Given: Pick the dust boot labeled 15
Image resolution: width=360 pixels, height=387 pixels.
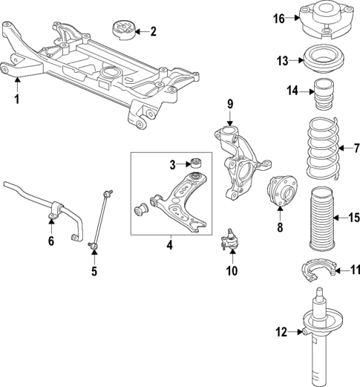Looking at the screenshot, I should pos(324,217).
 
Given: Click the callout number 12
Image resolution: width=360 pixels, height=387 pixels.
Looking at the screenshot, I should pos(279,331).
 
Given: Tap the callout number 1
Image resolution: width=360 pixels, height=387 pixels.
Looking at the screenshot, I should pos(16,98).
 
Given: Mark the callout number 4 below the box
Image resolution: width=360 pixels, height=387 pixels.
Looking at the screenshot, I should pos(168,244).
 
